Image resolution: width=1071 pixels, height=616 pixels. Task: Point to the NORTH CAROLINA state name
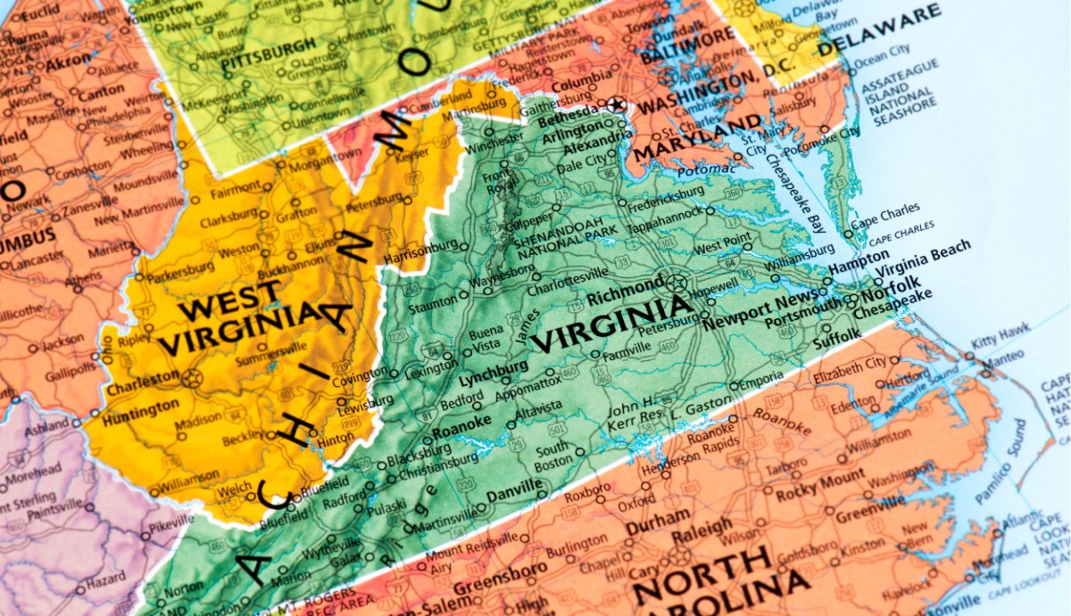[x=714, y=578]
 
